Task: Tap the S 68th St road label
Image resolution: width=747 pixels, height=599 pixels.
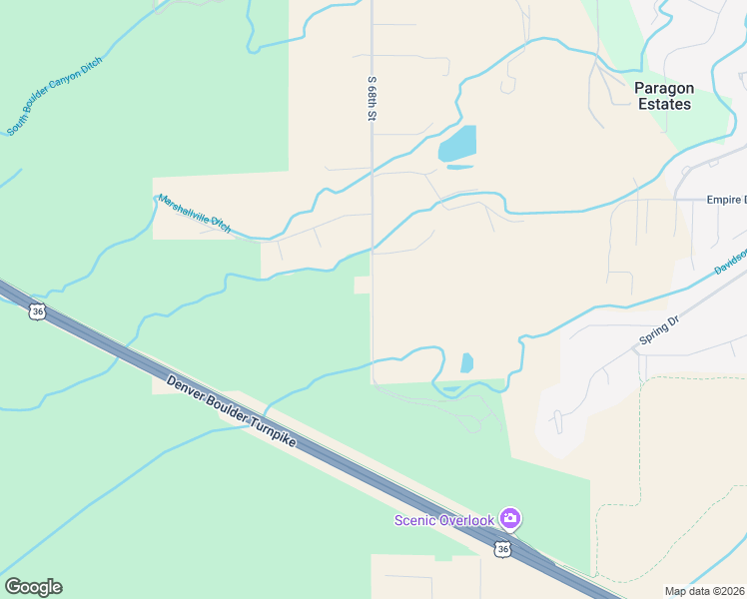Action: click(x=371, y=99)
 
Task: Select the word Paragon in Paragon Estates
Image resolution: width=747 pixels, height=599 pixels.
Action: click(x=664, y=88)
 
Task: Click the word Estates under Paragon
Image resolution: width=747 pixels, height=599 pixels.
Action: click(x=664, y=104)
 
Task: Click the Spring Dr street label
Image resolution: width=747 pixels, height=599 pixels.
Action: click(x=658, y=333)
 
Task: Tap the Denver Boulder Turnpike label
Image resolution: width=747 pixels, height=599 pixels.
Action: click(x=232, y=410)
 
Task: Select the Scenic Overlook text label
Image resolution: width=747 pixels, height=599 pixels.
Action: click(x=444, y=519)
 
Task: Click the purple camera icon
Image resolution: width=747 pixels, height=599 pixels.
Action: click(x=510, y=518)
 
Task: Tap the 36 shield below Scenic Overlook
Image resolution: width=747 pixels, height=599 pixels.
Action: click(x=502, y=549)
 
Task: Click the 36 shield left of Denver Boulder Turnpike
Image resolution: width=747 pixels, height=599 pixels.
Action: click(x=37, y=311)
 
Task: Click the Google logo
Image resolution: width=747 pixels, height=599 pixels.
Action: click(x=33, y=587)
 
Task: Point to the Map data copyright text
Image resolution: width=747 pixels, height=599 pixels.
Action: click(x=705, y=591)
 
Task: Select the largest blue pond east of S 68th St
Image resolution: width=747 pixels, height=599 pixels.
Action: click(x=457, y=144)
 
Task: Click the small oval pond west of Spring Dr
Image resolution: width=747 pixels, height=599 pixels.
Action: click(x=466, y=362)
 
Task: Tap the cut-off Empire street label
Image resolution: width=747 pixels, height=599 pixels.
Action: click(x=726, y=200)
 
